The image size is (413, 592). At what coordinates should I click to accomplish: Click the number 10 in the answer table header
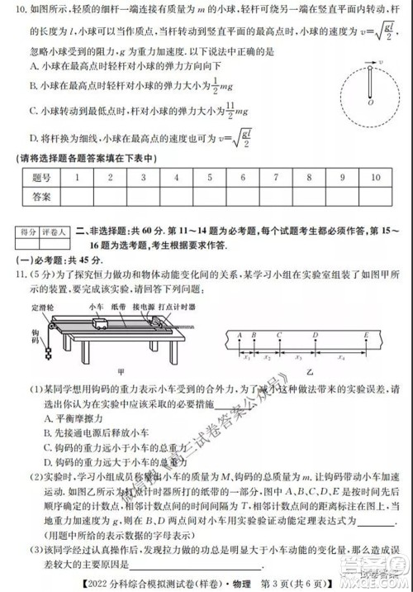tap(377, 178)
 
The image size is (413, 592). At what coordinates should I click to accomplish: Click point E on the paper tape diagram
tap(365, 335)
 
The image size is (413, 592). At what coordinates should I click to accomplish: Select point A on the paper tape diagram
tap(239, 335)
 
